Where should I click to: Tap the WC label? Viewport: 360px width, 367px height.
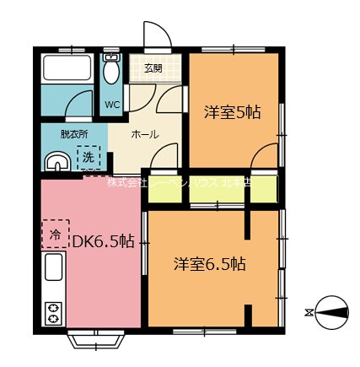click(113, 105)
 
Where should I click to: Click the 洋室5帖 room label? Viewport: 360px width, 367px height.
click(232, 111)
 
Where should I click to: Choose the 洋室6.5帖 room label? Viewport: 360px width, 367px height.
click(210, 263)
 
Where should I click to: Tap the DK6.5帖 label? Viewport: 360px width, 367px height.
click(103, 241)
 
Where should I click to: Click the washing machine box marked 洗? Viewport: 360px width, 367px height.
click(88, 157)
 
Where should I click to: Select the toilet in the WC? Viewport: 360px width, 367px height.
click(112, 72)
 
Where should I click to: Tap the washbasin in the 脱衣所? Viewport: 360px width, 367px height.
click(56, 161)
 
